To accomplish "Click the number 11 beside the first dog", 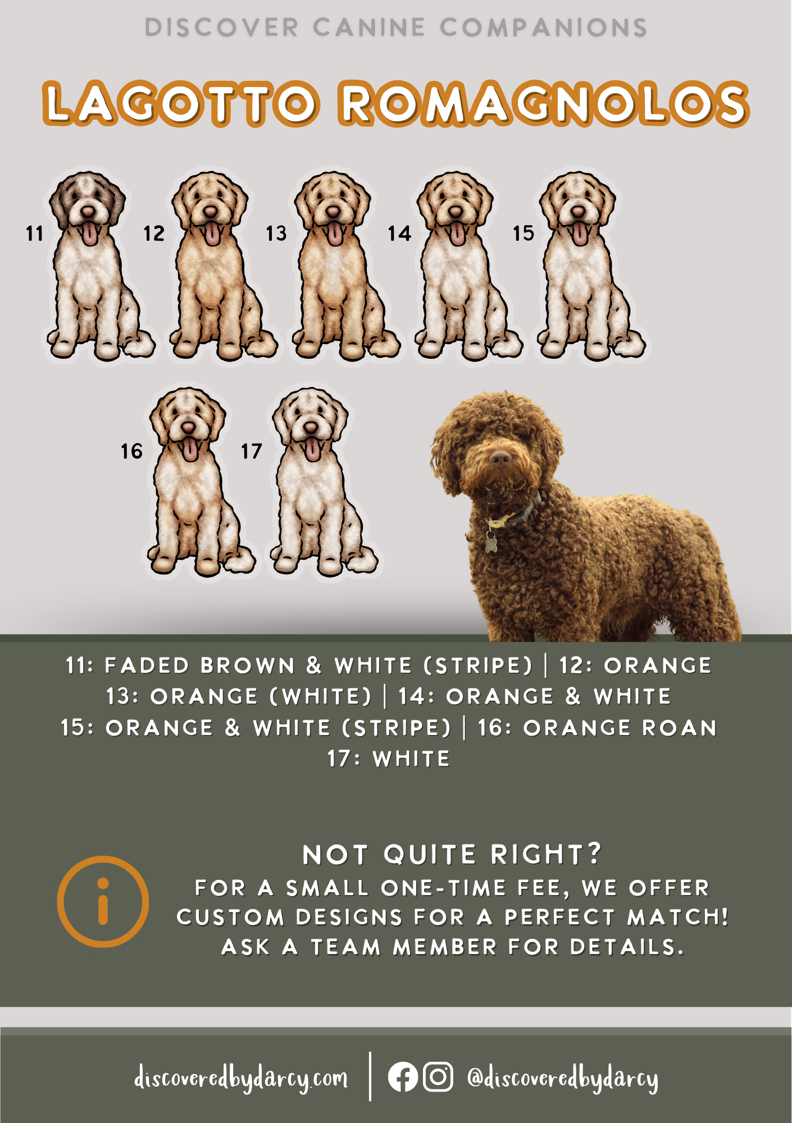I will [34, 233].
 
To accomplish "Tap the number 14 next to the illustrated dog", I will [399, 233].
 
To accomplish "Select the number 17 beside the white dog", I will [251, 451].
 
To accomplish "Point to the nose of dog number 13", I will [333, 212].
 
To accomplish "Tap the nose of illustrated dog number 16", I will [188, 428].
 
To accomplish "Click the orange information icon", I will [103, 901].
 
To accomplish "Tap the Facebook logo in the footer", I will [403, 1076].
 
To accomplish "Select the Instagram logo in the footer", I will [438, 1076].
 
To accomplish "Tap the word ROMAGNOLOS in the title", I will [544, 104].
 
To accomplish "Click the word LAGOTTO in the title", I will [181, 104].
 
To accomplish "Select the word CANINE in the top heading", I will [369, 28].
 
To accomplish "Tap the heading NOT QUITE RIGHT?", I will [452, 855].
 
